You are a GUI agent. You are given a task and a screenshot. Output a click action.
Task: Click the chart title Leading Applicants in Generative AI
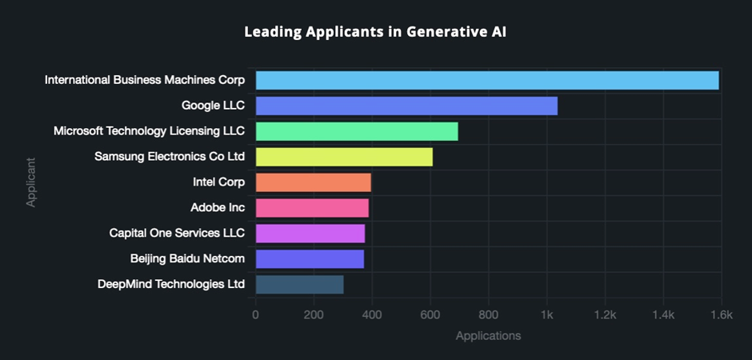pos(375,33)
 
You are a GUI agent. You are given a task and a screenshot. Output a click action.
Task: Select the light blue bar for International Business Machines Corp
pos(486,80)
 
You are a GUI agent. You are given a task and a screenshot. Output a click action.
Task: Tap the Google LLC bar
pos(406,106)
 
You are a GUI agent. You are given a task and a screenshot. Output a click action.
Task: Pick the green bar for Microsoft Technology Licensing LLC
pos(356,131)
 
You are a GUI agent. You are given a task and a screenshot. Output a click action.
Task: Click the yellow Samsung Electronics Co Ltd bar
pos(343,157)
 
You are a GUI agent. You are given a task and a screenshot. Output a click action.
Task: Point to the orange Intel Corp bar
pos(313,182)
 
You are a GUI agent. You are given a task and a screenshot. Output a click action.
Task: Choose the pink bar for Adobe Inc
pos(311,208)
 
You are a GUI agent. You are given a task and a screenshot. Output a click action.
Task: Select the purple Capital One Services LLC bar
pos(310,234)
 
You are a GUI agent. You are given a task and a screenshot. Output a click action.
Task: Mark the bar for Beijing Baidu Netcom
pos(309,259)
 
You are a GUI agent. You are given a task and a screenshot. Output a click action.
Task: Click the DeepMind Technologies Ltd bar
pos(299,284)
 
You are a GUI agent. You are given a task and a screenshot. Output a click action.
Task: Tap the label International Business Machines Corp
pos(145,80)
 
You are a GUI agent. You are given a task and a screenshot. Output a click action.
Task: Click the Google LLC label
pos(213,105)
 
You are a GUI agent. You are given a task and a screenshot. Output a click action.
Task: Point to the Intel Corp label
pos(218,182)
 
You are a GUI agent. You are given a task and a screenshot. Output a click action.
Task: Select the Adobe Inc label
pos(217,208)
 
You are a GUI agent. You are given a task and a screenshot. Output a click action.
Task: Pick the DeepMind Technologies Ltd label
pos(170,284)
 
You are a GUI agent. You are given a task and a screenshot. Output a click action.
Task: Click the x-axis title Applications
pos(488,336)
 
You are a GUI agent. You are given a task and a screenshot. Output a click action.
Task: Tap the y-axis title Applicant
pos(30,182)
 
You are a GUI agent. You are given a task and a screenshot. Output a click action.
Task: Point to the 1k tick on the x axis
pos(547,315)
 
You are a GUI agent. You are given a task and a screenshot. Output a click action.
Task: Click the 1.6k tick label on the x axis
pos(721,315)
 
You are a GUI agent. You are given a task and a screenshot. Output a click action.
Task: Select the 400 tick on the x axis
pos(372,315)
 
